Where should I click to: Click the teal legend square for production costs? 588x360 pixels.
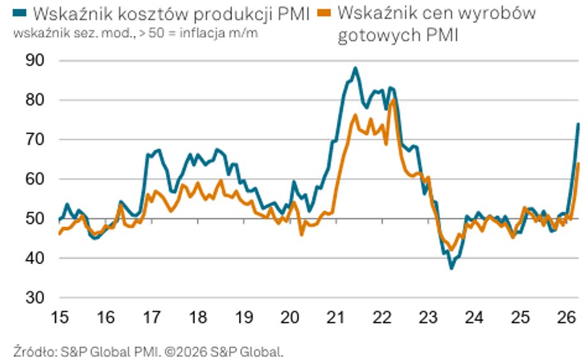click(x=20, y=13)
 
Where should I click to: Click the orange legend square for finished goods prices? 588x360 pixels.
click(x=325, y=13)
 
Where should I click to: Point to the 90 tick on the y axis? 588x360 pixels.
click(x=35, y=60)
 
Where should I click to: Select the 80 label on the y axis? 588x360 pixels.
click(x=35, y=100)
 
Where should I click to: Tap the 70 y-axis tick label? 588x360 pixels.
click(x=35, y=139)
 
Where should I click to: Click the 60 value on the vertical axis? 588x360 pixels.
click(x=35, y=179)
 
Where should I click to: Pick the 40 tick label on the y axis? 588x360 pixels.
click(x=35, y=258)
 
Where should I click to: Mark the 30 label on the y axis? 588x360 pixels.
click(x=35, y=298)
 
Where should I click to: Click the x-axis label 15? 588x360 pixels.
click(x=59, y=317)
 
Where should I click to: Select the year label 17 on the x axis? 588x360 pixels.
click(x=152, y=317)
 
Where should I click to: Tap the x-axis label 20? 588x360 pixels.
click(x=290, y=317)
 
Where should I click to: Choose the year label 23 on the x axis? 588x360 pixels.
click(x=428, y=317)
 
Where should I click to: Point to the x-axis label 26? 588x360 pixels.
click(x=566, y=317)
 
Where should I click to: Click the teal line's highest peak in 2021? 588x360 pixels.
click(x=355, y=68)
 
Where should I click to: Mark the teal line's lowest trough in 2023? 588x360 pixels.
click(x=451, y=268)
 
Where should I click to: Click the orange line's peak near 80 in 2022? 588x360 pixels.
click(x=393, y=100)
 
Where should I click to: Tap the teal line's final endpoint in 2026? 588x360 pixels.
click(x=578, y=124)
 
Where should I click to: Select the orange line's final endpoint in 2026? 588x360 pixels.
click(x=578, y=164)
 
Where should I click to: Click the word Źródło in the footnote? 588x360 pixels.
click(x=35, y=352)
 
